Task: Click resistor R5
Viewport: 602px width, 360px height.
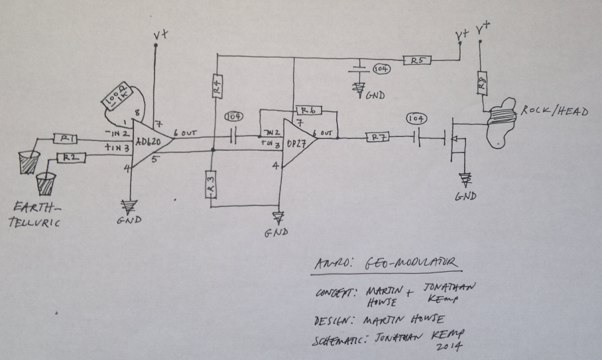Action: click(416, 60)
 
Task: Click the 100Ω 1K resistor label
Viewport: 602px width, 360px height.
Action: click(115, 100)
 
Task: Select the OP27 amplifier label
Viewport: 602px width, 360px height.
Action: click(296, 143)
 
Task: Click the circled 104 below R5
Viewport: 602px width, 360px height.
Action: click(381, 68)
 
